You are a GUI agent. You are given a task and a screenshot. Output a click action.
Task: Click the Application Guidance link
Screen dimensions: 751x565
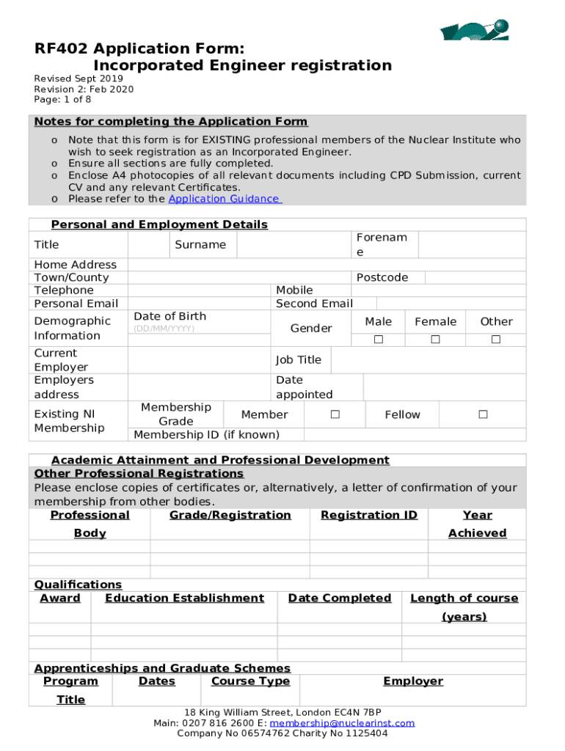[x=224, y=199]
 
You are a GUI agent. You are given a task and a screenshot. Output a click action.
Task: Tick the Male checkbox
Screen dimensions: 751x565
[x=379, y=340]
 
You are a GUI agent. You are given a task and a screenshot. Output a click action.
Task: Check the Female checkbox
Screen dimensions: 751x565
[x=435, y=340]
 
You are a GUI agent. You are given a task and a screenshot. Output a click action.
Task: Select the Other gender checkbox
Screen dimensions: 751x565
[x=496, y=340]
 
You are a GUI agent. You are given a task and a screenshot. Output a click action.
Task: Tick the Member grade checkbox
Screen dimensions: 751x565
[x=335, y=414]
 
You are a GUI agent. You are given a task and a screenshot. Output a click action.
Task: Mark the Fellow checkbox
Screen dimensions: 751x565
[x=483, y=414]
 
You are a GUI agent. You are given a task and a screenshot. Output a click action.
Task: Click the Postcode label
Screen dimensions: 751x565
[x=382, y=277]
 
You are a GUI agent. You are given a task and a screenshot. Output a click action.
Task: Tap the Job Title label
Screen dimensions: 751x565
[x=298, y=359]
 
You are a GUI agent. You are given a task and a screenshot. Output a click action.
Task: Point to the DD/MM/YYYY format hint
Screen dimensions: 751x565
[x=164, y=329]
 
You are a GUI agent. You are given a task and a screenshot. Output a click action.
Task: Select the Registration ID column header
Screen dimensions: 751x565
[x=369, y=515]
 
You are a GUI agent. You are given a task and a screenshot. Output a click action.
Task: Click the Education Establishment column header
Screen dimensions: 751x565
[x=184, y=598]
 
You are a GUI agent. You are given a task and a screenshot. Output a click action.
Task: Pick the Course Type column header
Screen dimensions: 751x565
[x=250, y=681]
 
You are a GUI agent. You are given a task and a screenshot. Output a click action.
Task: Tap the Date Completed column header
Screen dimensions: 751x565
[x=339, y=598]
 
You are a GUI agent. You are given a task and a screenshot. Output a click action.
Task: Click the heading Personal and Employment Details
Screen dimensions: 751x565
[x=159, y=224]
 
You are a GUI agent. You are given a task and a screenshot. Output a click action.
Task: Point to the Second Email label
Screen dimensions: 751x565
[x=314, y=304]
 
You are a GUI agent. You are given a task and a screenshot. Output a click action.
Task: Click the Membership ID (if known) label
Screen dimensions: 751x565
[x=206, y=435]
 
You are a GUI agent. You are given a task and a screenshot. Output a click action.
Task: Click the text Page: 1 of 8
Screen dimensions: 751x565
[x=62, y=100]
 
